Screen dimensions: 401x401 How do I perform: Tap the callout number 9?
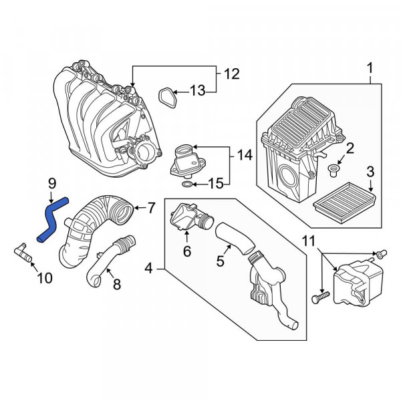52,183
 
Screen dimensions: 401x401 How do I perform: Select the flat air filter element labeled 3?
346,203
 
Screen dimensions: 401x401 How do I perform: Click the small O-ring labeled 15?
186,184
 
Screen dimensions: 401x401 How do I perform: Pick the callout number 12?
232,74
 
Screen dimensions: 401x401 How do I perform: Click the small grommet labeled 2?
333,170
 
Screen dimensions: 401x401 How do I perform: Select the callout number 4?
148,269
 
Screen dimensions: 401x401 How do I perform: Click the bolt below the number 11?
320,298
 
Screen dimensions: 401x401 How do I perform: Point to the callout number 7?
152,208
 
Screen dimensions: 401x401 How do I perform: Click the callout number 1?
370,68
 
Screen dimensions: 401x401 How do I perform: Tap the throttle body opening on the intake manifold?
145,154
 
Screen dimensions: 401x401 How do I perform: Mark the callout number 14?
245,156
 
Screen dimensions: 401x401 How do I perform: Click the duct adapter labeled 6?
192,217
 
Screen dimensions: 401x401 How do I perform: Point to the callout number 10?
45,278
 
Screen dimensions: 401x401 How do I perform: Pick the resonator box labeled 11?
358,282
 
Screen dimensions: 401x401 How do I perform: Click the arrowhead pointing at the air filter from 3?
372,190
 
